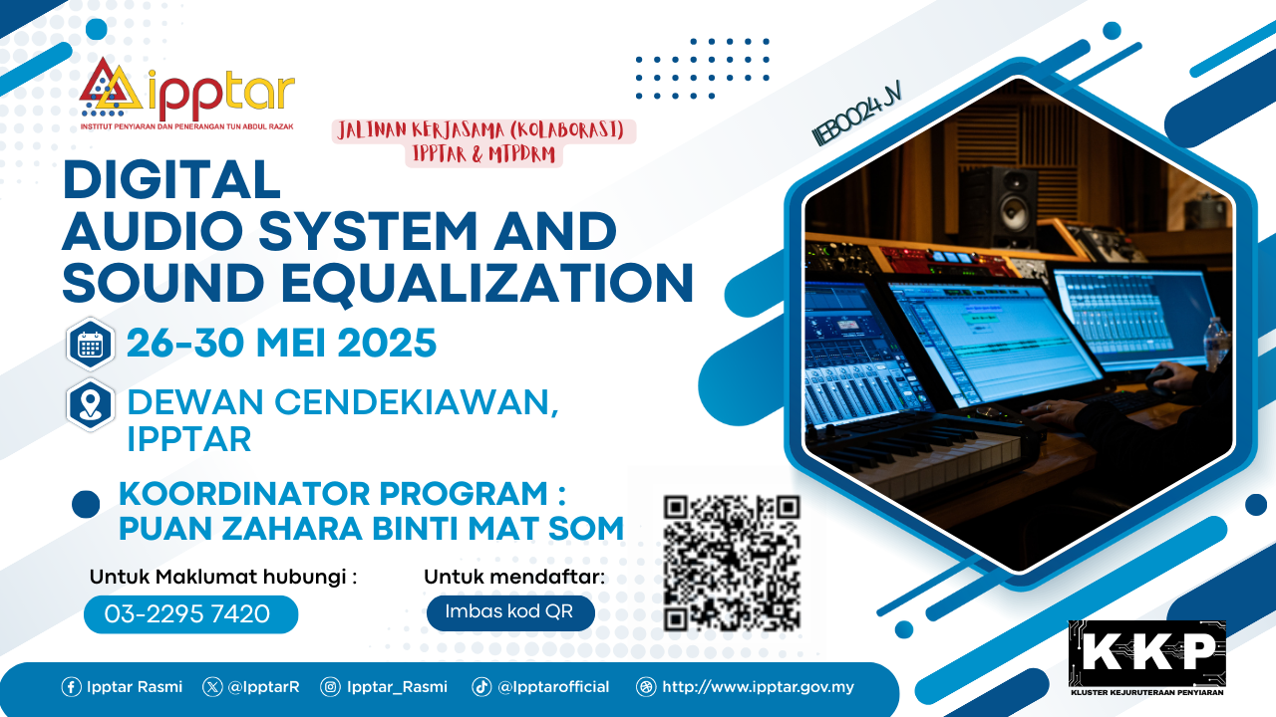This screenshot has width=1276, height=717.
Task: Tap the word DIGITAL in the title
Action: (171, 180)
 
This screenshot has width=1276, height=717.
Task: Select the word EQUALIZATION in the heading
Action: (487, 283)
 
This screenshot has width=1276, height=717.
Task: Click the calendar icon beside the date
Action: (90, 345)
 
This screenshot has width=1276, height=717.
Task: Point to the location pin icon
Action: (90, 405)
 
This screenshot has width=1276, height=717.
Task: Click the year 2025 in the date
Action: (387, 344)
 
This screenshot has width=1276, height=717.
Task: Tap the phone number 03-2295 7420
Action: (187, 613)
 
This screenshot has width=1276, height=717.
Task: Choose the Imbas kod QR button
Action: (510, 612)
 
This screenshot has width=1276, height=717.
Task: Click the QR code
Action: (732, 563)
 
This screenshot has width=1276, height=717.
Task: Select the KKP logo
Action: (1147, 658)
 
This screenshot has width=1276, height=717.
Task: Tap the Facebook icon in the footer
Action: (71, 687)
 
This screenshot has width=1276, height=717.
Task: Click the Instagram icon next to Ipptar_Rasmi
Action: (330, 687)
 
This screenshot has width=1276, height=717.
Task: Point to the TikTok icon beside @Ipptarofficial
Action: (481, 687)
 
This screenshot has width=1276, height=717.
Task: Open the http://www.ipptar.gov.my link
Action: (758, 687)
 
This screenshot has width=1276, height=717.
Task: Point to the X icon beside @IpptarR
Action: (212, 687)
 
